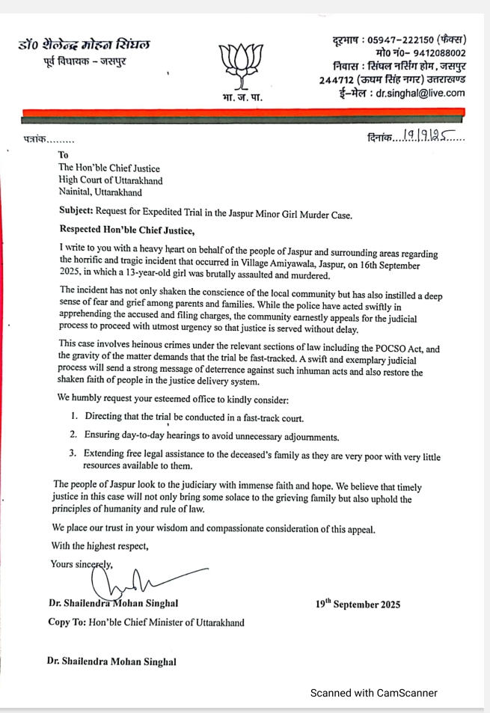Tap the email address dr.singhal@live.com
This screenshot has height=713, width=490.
click(x=420, y=94)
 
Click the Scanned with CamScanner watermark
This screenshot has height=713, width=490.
click(x=373, y=693)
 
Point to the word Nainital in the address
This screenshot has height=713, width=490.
click(x=79, y=192)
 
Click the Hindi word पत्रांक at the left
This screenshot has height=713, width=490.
click(x=35, y=140)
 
